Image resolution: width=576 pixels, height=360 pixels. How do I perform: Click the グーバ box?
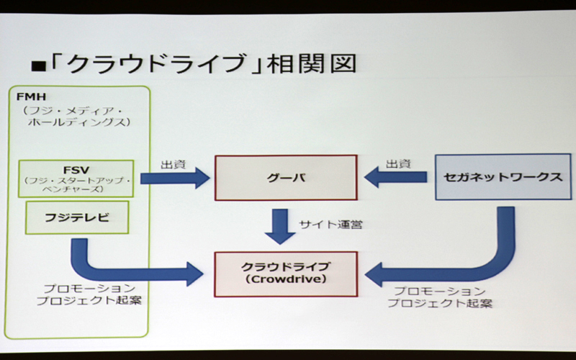[x=287, y=177]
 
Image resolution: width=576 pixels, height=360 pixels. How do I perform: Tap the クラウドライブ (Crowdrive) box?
[x=287, y=273]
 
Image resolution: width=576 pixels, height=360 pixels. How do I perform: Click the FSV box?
[x=76, y=177]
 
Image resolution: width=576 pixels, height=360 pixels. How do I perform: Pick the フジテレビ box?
[x=76, y=217]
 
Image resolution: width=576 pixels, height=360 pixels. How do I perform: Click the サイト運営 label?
[x=330, y=225]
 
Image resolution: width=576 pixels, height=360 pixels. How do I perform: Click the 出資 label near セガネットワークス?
[x=398, y=163]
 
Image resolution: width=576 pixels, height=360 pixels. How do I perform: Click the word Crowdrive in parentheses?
[x=287, y=279]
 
